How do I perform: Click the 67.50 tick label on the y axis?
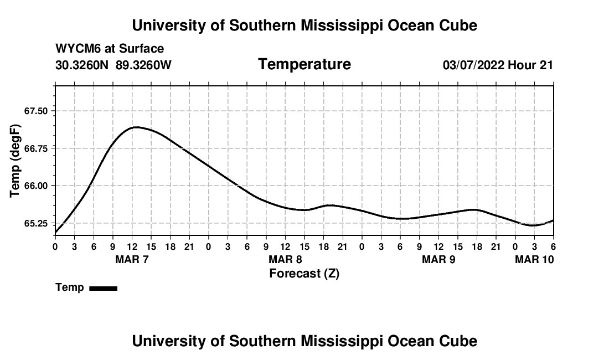tap(37, 111)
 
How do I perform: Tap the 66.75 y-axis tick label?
tap(37, 148)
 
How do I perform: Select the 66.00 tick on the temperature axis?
tap(37, 186)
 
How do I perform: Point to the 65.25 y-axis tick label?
tap(37, 223)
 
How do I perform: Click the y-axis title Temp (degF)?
tap(15, 161)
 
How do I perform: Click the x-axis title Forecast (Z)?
tap(304, 273)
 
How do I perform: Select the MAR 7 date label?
tap(132, 259)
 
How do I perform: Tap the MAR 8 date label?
tap(285, 259)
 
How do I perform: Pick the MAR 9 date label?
tap(438, 259)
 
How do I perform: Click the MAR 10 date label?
tap(534, 259)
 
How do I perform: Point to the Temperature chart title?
tap(304, 64)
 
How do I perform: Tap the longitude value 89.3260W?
tap(143, 65)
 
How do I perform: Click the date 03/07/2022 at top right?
tap(473, 65)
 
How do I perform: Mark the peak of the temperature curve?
tap(135, 127)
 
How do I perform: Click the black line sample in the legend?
tap(103, 288)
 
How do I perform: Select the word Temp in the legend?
tap(70, 287)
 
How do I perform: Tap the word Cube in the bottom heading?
tap(458, 341)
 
